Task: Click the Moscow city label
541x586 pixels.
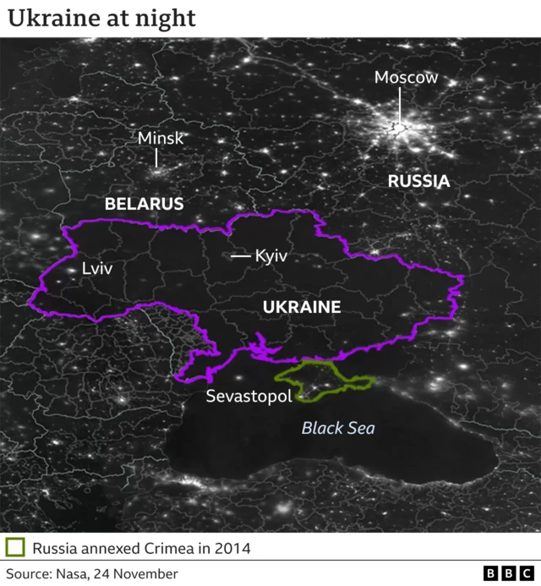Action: tap(406, 78)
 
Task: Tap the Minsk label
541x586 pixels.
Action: tap(160, 138)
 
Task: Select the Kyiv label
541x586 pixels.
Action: tap(271, 255)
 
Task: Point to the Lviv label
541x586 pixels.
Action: tap(97, 268)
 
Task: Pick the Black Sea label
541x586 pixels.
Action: tap(338, 428)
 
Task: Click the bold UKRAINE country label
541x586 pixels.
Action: tap(302, 307)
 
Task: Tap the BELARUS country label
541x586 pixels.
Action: tap(144, 204)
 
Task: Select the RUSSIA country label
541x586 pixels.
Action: tap(418, 181)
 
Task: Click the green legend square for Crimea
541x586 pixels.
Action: tap(14, 547)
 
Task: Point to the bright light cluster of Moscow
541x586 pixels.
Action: tap(396, 127)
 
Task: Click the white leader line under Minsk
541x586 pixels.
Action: tap(157, 157)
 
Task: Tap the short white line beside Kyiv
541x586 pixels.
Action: tap(241, 255)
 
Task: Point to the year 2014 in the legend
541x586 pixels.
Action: tap(232, 548)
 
